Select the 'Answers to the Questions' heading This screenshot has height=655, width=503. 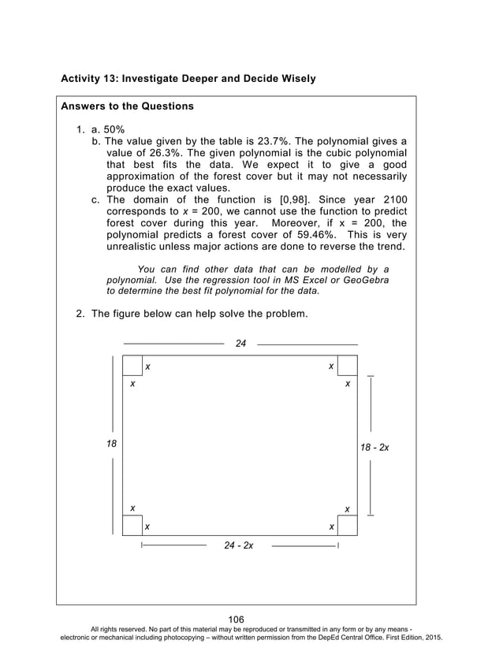click(x=127, y=106)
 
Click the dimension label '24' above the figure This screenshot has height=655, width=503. click(x=241, y=344)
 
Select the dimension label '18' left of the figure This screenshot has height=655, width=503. click(x=111, y=444)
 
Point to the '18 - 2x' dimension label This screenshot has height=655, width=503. click(x=374, y=447)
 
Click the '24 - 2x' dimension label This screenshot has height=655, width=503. click(x=239, y=545)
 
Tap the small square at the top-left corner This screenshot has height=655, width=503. click(x=132, y=366)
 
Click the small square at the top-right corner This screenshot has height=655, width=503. click(x=348, y=366)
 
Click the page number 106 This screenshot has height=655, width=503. click(x=237, y=620)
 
